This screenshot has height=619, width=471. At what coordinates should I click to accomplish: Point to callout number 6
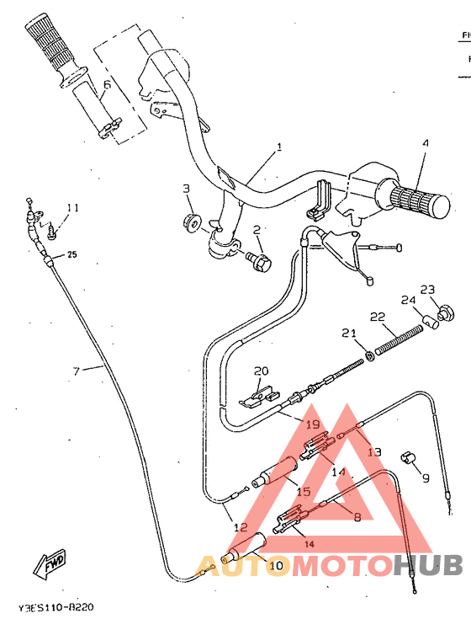pos(107,84)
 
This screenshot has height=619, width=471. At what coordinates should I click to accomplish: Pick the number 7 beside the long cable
pos(76,370)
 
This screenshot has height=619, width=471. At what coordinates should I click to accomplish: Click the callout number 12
pos(240,528)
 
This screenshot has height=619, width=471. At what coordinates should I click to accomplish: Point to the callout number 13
pos(374,451)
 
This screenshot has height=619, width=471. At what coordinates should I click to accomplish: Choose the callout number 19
pos(313,424)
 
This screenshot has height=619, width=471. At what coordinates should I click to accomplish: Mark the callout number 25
pos(71,254)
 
